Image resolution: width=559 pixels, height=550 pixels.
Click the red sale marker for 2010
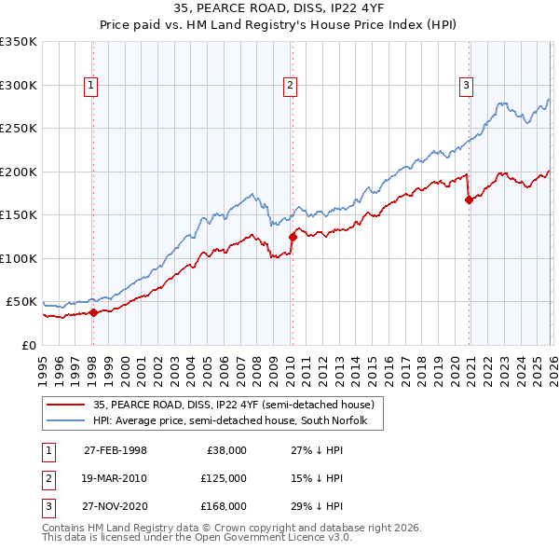[293, 237]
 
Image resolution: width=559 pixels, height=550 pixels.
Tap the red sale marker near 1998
[93, 312]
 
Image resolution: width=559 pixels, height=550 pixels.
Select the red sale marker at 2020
[469, 199]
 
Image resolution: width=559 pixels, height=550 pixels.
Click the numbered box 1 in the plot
[91, 86]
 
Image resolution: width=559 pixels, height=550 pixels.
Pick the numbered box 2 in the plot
[291, 86]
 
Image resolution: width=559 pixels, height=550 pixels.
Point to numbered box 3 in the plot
[466, 86]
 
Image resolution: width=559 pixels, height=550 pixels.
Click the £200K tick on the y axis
[19, 172]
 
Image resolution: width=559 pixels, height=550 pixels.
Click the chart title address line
[279, 8]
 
